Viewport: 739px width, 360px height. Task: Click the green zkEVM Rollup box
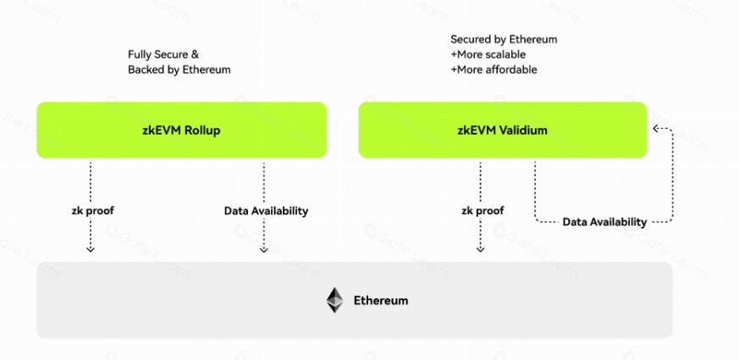point(181,130)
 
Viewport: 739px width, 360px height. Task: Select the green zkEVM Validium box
point(503,130)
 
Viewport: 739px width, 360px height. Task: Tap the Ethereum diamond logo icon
point(335,300)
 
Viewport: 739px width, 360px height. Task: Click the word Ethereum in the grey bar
point(381,301)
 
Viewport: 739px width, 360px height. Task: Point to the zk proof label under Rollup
point(91,210)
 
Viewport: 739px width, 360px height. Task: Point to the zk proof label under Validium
point(481,210)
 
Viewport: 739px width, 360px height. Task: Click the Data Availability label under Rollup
point(266,210)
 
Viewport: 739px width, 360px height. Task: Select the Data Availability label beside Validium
point(604,222)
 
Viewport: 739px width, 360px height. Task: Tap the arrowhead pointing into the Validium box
point(655,129)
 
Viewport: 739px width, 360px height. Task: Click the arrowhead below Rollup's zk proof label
point(91,249)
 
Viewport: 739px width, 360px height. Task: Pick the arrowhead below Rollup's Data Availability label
point(264,249)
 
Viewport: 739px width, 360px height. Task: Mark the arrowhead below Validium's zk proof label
point(481,249)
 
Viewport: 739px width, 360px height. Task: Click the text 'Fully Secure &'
point(163,54)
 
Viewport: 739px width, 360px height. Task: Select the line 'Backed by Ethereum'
point(179,69)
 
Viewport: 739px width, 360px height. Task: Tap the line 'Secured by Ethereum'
point(504,39)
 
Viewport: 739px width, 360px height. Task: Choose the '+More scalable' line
point(488,54)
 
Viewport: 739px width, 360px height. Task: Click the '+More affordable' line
point(494,69)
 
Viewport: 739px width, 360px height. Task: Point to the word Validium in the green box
point(523,130)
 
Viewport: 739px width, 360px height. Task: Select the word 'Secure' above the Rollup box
point(173,54)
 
